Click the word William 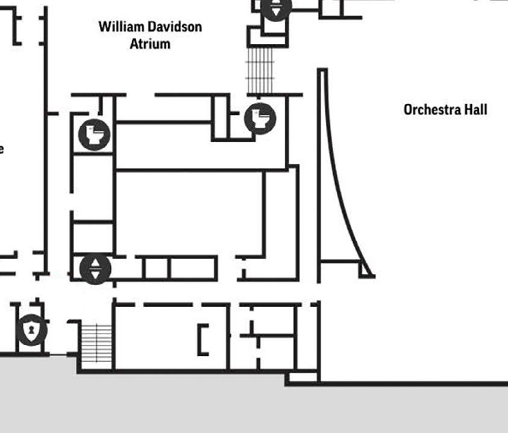[120, 26]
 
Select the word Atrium [150, 43]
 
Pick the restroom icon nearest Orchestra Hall [260, 118]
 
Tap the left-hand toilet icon [94, 134]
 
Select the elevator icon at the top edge [276, 8]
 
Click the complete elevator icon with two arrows [95, 269]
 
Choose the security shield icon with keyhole [31, 329]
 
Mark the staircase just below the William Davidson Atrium [260, 70]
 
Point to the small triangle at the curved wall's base [366, 270]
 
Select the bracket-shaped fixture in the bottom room [203, 339]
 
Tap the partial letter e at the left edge [2, 148]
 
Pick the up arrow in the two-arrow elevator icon [95, 263]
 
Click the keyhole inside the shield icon [31, 329]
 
